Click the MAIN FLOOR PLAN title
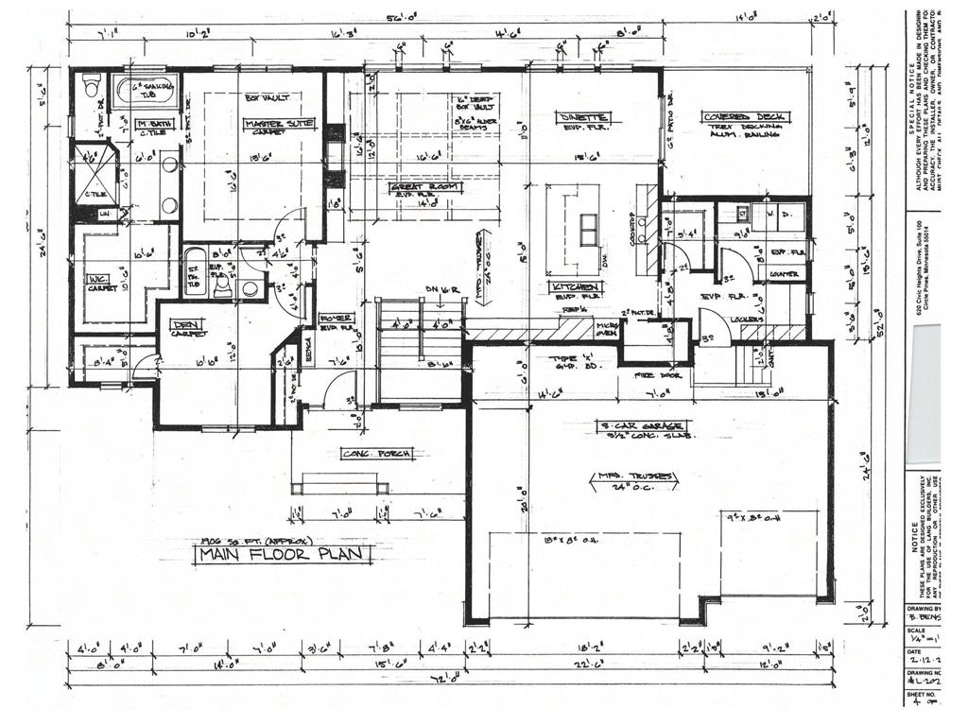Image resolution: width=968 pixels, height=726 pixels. pyautogui.click(x=282, y=555)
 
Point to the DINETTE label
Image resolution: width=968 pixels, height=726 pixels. pyautogui.click(x=582, y=117)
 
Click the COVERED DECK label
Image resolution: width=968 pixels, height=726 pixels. pyautogui.click(x=745, y=117)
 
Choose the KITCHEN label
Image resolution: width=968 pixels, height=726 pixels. pyautogui.click(x=574, y=286)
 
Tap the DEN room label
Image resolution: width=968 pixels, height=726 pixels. pyautogui.click(x=187, y=325)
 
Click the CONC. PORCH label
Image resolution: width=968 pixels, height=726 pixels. pyautogui.click(x=376, y=455)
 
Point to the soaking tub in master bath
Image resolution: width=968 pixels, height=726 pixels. pyautogui.click(x=147, y=93)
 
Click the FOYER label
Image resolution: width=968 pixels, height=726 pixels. pyautogui.click(x=336, y=319)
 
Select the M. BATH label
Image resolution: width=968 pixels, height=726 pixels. pyautogui.click(x=151, y=125)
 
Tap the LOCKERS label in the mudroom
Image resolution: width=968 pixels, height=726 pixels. pyautogui.click(x=747, y=320)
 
